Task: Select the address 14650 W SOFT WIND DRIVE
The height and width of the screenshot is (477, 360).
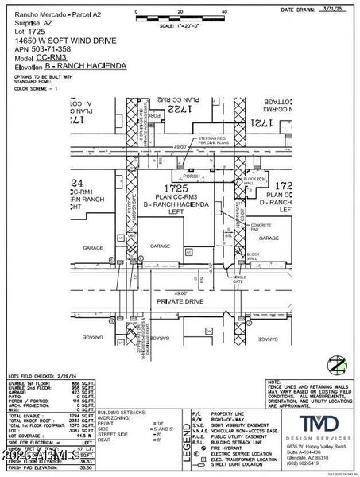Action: pos(51,40)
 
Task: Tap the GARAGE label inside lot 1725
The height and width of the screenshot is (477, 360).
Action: pos(162,246)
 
